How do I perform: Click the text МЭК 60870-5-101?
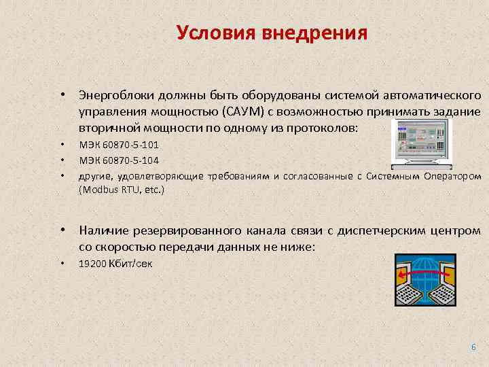point(119,145)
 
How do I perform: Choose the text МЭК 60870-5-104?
point(119,160)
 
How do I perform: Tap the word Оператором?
point(449,176)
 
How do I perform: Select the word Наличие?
point(105,231)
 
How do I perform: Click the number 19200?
point(92,264)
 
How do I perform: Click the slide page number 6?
point(473,347)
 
